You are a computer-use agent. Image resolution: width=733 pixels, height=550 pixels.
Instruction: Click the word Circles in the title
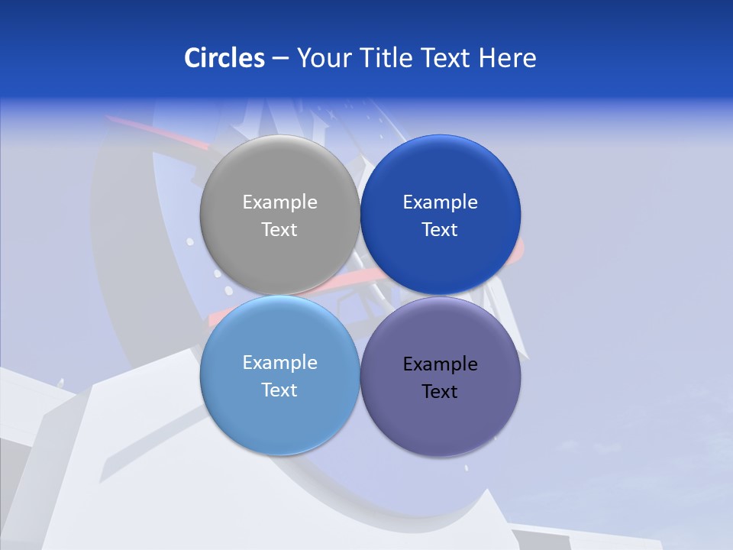point(224,58)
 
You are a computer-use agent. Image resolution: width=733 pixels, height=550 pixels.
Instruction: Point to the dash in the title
point(280,59)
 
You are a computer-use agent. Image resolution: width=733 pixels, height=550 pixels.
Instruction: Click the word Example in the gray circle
point(279,202)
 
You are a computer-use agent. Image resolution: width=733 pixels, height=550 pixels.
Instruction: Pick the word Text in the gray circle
point(279,230)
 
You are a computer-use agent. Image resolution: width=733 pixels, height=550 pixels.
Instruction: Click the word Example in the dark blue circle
point(440,202)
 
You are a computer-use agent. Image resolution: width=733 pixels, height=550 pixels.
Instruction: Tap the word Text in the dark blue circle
point(440,230)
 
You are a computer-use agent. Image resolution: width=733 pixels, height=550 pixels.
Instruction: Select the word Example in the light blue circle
point(279,363)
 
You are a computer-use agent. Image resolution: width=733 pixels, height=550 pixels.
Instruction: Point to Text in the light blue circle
point(279,390)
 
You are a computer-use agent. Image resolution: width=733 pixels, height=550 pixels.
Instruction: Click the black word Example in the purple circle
point(440,364)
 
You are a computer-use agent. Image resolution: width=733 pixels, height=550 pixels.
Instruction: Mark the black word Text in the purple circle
point(440,392)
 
